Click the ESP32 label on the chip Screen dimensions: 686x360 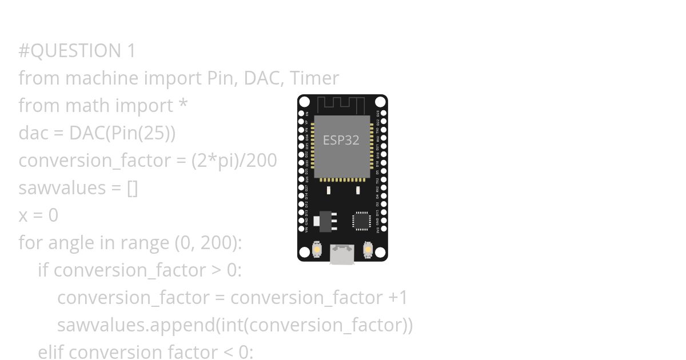click(341, 140)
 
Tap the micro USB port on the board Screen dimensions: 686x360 click(342, 254)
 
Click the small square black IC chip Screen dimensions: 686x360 click(361, 221)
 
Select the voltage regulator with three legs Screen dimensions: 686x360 click(325, 221)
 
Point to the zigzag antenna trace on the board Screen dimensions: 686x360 click(341, 105)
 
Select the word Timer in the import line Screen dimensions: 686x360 click(315, 78)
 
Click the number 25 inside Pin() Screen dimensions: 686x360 click(156, 133)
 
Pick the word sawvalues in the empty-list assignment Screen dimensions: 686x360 click(62, 188)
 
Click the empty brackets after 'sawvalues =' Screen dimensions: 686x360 click(132, 188)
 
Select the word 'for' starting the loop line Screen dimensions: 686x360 click(30, 243)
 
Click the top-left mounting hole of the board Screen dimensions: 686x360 click(305, 102)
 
